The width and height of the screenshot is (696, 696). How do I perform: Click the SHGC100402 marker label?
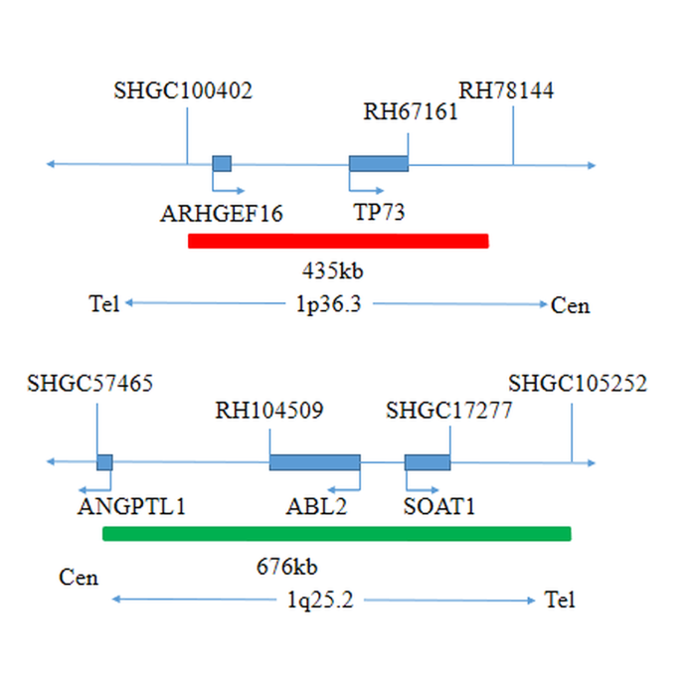[x=183, y=91]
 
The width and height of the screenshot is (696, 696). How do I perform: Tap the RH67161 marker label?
[x=411, y=111]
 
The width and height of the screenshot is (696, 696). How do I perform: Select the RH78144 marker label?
[x=506, y=91]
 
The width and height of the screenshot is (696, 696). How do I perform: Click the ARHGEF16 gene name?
[x=222, y=214]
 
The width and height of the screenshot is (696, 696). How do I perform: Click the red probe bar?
[x=338, y=241]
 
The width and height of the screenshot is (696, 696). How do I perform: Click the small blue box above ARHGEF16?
[x=222, y=164]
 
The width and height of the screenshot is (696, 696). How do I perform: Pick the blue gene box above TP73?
[x=378, y=164]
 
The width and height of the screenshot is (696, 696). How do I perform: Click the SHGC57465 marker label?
[x=90, y=383]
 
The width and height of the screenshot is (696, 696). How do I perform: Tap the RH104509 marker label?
[x=269, y=410]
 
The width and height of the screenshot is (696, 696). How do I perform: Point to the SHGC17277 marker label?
[x=449, y=410]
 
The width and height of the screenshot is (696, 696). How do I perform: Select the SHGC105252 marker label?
[x=578, y=384]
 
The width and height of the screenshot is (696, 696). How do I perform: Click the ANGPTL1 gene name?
[x=131, y=506]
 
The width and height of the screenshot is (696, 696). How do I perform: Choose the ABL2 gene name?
[x=316, y=506]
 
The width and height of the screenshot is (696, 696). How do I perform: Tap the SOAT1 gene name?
[x=439, y=506]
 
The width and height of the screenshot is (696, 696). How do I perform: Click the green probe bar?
[x=337, y=534]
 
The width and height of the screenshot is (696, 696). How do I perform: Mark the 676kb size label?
[x=287, y=568]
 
